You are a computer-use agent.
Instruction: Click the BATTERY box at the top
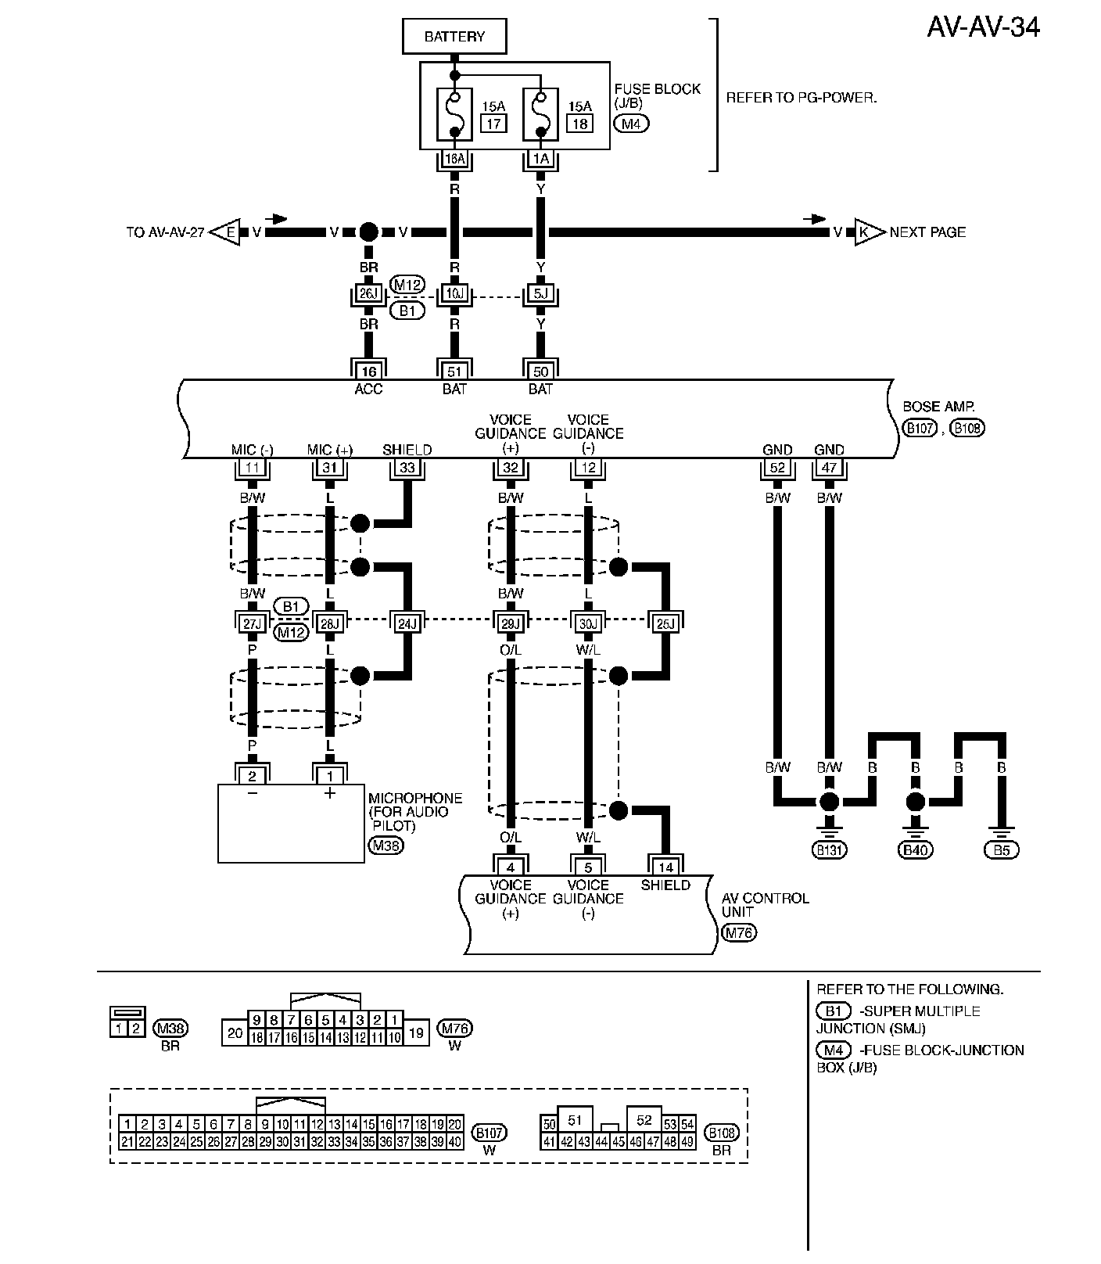[454, 37]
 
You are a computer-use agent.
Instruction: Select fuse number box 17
[493, 124]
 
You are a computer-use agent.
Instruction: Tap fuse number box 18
[579, 124]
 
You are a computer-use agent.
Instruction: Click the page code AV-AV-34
[983, 27]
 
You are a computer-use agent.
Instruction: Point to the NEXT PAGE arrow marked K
[868, 232]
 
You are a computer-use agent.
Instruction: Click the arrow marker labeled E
[228, 232]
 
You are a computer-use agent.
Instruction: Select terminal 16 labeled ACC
[368, 371]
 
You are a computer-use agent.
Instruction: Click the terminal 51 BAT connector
[454, 371]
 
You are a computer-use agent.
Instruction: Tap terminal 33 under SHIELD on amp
[407, 469]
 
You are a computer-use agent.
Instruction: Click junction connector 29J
[510, 623]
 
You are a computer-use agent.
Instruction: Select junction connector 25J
[665, 623]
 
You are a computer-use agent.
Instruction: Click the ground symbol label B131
[830, 850]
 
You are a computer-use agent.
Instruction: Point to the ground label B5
[1002, 850]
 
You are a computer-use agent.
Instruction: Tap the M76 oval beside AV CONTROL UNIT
[740, 932]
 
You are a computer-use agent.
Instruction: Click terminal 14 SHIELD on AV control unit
[665, 867]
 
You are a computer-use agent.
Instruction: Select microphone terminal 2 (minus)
[252, 776]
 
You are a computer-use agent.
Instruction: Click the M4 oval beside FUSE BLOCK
[631, 123]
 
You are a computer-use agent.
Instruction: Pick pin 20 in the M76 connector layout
[235, 1032]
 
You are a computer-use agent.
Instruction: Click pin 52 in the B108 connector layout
[644, 1120]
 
